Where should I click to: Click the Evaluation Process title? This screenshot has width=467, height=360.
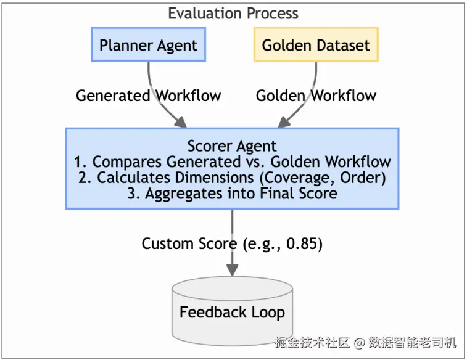(x=233, y=14)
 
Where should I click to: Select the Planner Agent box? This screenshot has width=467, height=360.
(x=148, y=44)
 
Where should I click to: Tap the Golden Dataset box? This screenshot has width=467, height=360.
(x=316, y=44)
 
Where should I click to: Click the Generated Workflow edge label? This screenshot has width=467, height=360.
(x=148, y=96)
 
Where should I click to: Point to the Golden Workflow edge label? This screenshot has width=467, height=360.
(x=316, y=96)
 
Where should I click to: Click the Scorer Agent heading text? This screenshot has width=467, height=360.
(x=232, y=146)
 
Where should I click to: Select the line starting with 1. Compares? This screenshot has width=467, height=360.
(x=232, y=162)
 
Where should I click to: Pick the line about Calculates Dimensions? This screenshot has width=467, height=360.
(x=232, y=178)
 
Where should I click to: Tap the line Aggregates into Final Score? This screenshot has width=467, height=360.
(x=232, y=194)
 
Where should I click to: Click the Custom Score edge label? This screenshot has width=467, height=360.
(x=232, y=243)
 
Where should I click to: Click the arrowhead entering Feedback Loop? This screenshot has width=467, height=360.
(x=233, y=270)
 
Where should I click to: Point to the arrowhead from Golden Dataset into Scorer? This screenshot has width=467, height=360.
(x=284, y=122)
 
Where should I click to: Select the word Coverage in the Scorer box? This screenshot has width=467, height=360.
(x=300, y=178)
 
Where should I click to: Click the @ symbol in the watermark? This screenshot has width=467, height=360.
(x=360, y=343)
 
